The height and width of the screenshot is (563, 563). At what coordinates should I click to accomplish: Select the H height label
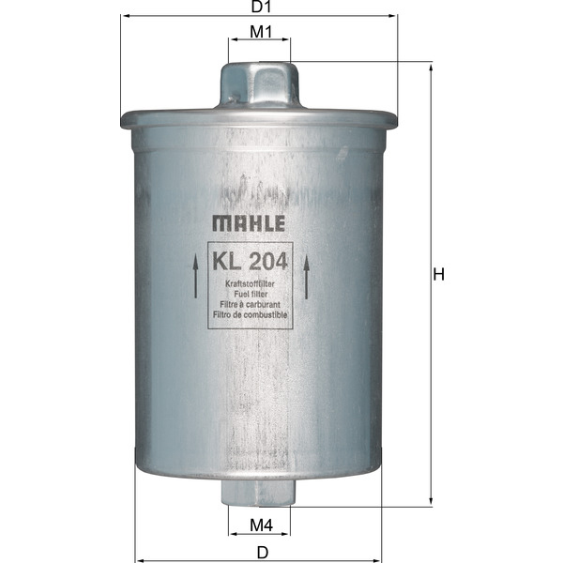pos(437,274)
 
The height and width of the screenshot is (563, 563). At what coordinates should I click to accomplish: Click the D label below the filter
pos(262,552)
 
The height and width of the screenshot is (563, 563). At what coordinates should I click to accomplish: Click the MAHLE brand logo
pos(248,223)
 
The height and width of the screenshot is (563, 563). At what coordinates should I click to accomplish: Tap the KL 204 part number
pos(250,260)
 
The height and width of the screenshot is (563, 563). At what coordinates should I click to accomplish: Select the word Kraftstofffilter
pos(250,282)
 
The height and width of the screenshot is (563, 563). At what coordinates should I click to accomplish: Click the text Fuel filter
pos(250,294)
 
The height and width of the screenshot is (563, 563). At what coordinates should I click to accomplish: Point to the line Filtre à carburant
pos(250,305)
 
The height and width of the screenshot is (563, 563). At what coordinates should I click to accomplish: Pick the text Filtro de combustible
pos(250,316)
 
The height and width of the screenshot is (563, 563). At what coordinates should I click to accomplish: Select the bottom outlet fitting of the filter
pos(260,492)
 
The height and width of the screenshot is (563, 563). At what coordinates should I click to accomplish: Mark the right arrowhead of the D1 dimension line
pos(394,17)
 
